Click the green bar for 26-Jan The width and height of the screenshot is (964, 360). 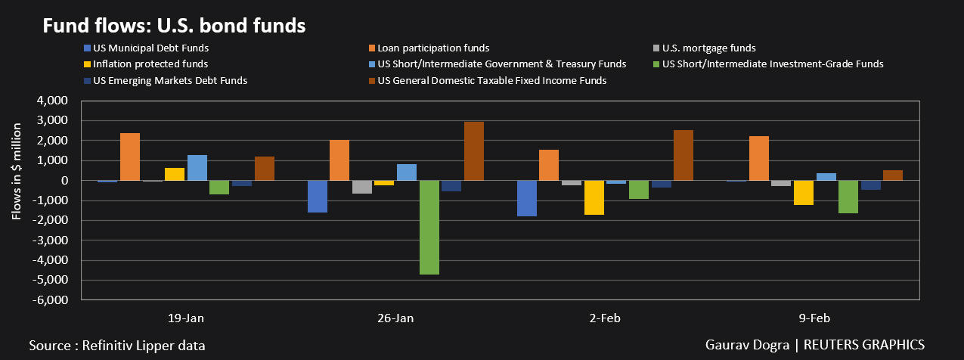(429, 227)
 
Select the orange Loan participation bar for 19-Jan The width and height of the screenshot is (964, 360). (130, 157)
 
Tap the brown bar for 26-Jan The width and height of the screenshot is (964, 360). (474, 151)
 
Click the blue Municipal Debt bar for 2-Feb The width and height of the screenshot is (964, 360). (526, 198)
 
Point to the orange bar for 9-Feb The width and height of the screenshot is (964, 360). (759, 158)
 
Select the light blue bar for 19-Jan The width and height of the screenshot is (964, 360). (197, 168)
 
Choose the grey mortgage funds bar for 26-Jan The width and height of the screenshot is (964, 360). (362, 187)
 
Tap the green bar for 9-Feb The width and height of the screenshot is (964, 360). (848, 197)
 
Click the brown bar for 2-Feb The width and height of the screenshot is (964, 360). (683, 155)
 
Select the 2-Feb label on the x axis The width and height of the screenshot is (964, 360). (604, 318)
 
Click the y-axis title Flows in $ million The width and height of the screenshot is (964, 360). (17, 179)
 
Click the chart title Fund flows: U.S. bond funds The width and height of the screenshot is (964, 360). (174, 26)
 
